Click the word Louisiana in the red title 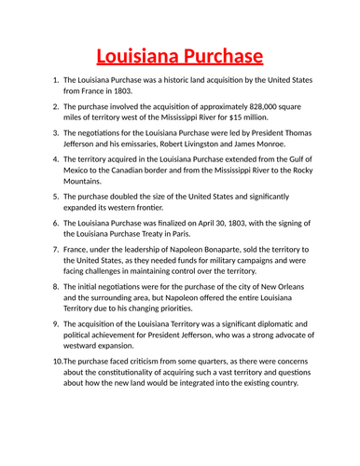[137, 57]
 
